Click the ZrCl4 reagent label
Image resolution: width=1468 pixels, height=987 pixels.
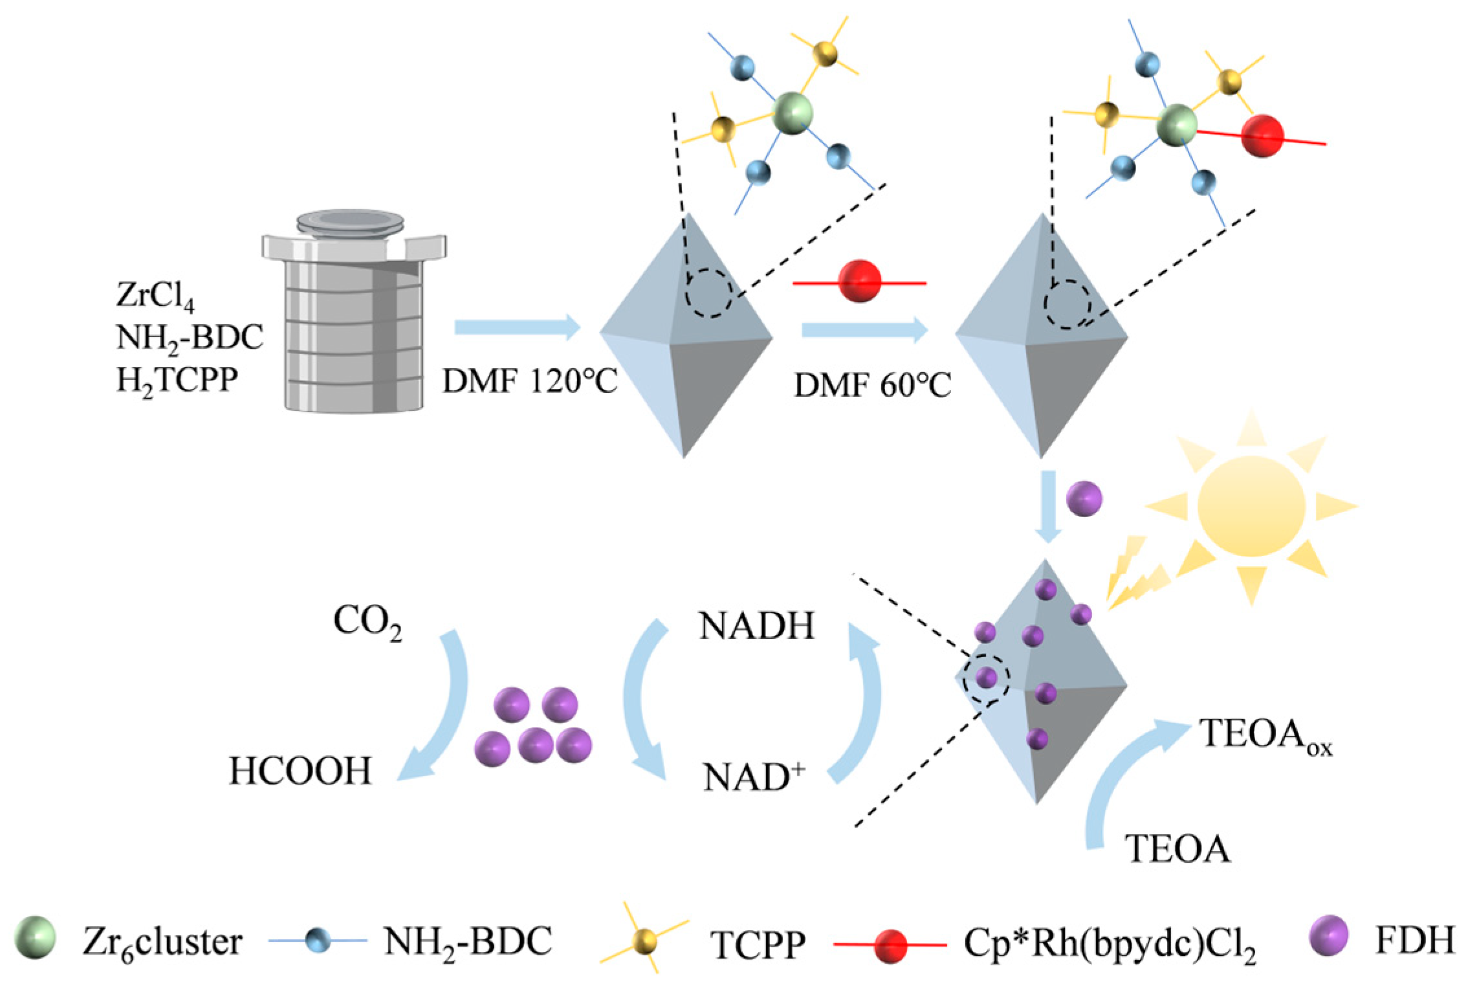[155, 295]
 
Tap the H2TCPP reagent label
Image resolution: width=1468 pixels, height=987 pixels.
[177, 380]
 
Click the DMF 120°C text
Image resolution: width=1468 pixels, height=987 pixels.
[529, 381]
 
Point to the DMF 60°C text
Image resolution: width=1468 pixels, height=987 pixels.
[872, 385]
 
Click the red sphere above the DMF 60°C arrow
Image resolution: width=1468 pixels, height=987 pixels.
[859, 281]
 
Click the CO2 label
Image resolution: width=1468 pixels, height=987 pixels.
[367, 621]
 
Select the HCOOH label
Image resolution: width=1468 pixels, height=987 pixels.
[300, 771]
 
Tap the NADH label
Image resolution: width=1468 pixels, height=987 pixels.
[756, 626]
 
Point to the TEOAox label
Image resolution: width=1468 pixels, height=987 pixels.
[1265, 735]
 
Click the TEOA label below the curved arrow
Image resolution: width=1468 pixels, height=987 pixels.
[1178, 848]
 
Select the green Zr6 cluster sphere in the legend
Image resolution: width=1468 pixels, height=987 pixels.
[35, 937]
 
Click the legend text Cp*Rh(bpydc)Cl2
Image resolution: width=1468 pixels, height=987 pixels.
[1109, 944]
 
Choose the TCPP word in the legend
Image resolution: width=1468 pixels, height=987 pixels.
[758, 945]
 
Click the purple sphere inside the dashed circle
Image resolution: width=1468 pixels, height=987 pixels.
[985, 678]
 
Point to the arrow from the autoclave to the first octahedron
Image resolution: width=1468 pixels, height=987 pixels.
[517, 327]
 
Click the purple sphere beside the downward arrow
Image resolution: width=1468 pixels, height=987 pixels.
[1084, 499]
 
